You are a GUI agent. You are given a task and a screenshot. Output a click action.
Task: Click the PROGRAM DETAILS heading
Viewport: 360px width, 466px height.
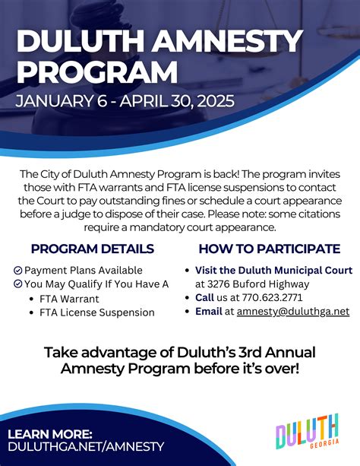(93, 249)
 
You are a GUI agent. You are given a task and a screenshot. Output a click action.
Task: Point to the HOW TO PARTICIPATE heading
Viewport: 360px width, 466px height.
(269, 249)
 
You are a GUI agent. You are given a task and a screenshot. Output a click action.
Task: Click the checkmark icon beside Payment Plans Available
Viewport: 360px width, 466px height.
(18, 271)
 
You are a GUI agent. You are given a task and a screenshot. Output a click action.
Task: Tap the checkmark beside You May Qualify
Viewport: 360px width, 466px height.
(18, 284)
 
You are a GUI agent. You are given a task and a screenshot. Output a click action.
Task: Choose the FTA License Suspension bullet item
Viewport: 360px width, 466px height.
(96, 312)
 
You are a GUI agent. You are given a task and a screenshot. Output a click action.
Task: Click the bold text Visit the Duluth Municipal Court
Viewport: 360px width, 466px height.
(273, 271)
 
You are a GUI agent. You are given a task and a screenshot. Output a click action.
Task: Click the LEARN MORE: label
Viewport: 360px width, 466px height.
(50, 434)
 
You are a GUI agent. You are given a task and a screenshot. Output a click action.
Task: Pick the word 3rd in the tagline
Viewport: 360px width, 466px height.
(240, 353)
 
